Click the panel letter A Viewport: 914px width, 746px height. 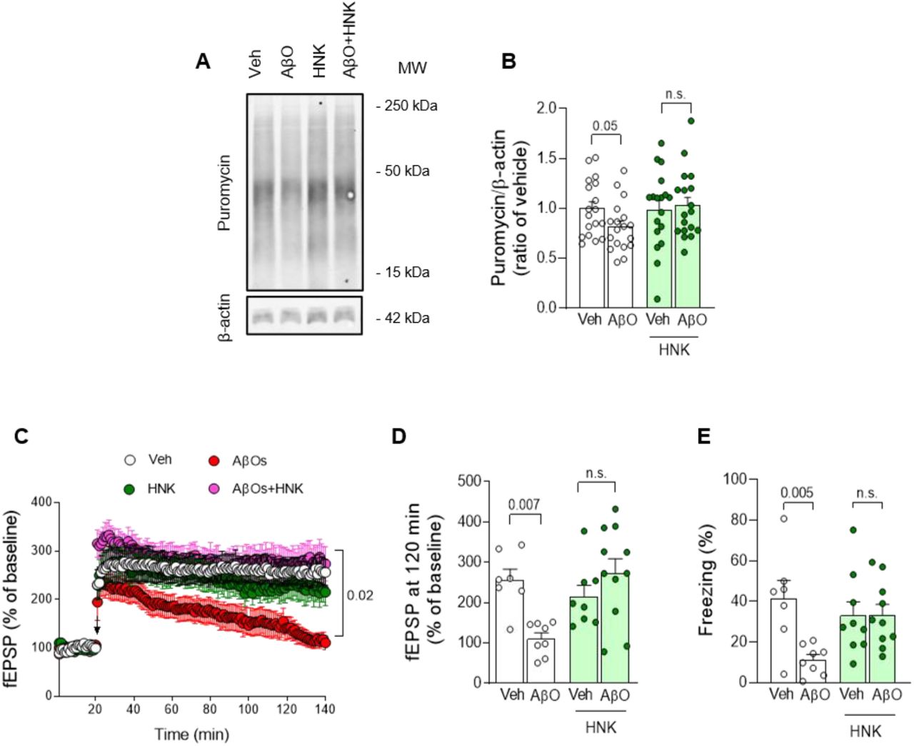click(x=204, y=62)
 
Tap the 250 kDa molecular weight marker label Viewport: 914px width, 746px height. click(x=407, y=106)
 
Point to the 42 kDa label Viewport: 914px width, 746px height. click(x=403, y=318)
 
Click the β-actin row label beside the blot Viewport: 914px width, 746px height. click(x=224, y=316)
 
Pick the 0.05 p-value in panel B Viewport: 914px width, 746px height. click(x=605, y=126)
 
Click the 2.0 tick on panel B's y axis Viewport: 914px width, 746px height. click(x=546, y=109)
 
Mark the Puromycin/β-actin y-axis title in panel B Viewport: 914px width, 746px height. click(x=508, y=207)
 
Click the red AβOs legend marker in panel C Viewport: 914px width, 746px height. click(x=214, y=460)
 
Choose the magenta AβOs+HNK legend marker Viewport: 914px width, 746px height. click(x=214, y=489)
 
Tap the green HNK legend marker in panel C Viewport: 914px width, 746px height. click(x=129, y=489)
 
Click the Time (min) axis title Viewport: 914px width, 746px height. click(x=192, y=734)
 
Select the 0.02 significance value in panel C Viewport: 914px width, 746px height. click(x=360, y=595)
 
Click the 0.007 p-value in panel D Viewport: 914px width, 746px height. click(x=524, y=505)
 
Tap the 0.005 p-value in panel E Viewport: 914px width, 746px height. click(x=796, y=493)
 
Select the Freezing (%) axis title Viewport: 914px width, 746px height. click(x=706, y=580)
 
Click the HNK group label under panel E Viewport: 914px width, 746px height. click(x=865, y=731)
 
